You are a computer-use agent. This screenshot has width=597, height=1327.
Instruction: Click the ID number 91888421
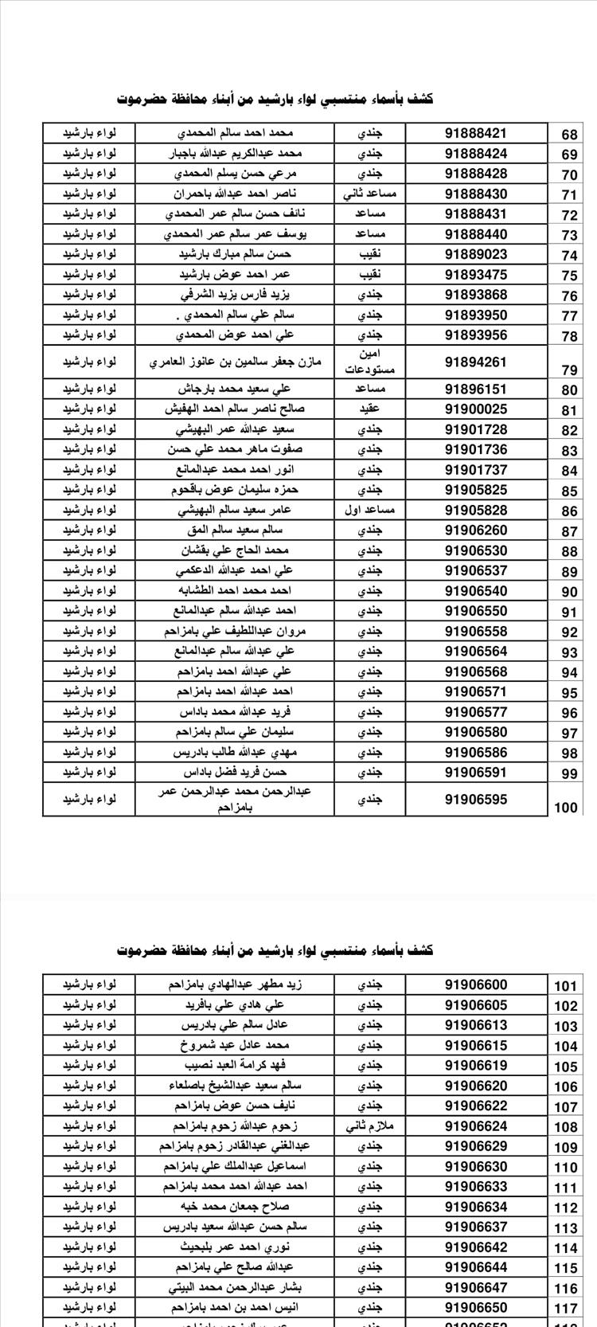click(x=475, y=133)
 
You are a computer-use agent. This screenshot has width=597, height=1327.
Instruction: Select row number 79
click(x=568, y=370)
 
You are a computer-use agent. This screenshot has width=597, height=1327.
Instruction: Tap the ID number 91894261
click(x=475, y=362)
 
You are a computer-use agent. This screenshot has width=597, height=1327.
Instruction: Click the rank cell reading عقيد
click(x=370, y=409)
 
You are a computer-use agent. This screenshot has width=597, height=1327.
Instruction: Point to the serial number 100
click(x=565, y=807)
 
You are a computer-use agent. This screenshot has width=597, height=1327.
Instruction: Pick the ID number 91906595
click(x=475, y=799)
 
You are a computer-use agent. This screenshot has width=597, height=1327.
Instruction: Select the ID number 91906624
click(x=475, y=1125)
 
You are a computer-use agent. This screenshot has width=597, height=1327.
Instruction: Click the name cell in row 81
click(x=235, y=409)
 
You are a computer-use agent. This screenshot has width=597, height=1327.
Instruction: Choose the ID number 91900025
click(x=475, y=409)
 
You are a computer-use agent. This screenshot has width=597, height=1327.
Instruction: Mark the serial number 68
click(x=568, y=135)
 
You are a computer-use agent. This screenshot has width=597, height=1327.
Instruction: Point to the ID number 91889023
click(x=475, y=254)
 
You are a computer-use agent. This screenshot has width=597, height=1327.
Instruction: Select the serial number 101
click(x=565, y=986)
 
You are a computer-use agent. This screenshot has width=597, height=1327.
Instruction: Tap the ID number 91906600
click(x=475, y=984)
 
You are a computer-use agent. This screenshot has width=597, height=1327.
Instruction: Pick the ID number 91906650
click(x=475, y=1307)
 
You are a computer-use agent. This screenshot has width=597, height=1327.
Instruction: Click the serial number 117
click(x=565, y=1309)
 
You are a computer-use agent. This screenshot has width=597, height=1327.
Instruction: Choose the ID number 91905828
click(x=475, y=510)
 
